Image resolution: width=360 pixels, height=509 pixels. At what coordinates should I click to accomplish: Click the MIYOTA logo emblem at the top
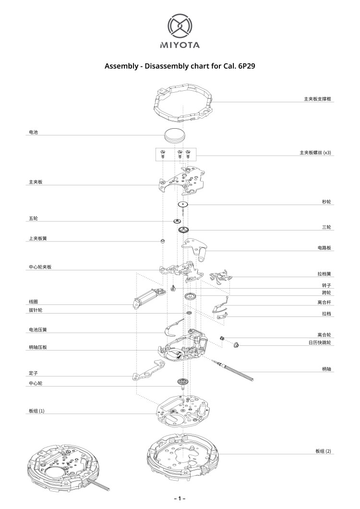pos(180,26)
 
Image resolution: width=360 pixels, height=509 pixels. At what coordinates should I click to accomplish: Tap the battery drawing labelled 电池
pos(175,135)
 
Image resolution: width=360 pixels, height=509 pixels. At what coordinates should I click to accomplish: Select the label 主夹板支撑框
pos(317,99)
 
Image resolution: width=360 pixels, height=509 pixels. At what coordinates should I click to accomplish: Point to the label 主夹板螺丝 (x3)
pos(315,152)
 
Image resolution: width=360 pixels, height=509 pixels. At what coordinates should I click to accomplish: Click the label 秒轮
pos(326,202)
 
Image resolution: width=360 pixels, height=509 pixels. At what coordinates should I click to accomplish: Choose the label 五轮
pos(34,218)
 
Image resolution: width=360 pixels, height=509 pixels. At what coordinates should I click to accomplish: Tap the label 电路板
pos(324,248)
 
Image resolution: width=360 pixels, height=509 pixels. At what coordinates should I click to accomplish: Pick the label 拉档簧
pos(324,274)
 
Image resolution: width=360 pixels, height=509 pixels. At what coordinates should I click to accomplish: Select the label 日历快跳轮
pos(320,342)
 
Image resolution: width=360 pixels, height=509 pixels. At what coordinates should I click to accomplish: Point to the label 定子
pos(34,373)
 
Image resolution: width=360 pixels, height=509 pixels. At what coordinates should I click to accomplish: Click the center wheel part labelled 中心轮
pos(183,383)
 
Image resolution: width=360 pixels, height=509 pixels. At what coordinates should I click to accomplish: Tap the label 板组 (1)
pos(36,411)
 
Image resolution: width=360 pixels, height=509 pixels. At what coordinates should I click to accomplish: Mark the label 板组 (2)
pos(324,451)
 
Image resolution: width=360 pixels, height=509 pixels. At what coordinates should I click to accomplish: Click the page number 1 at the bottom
pos(180,498)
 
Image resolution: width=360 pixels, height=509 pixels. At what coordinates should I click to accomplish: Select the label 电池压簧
pos(38,329)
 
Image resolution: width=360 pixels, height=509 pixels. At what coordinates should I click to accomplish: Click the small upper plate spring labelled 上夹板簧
pos(163,241)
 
